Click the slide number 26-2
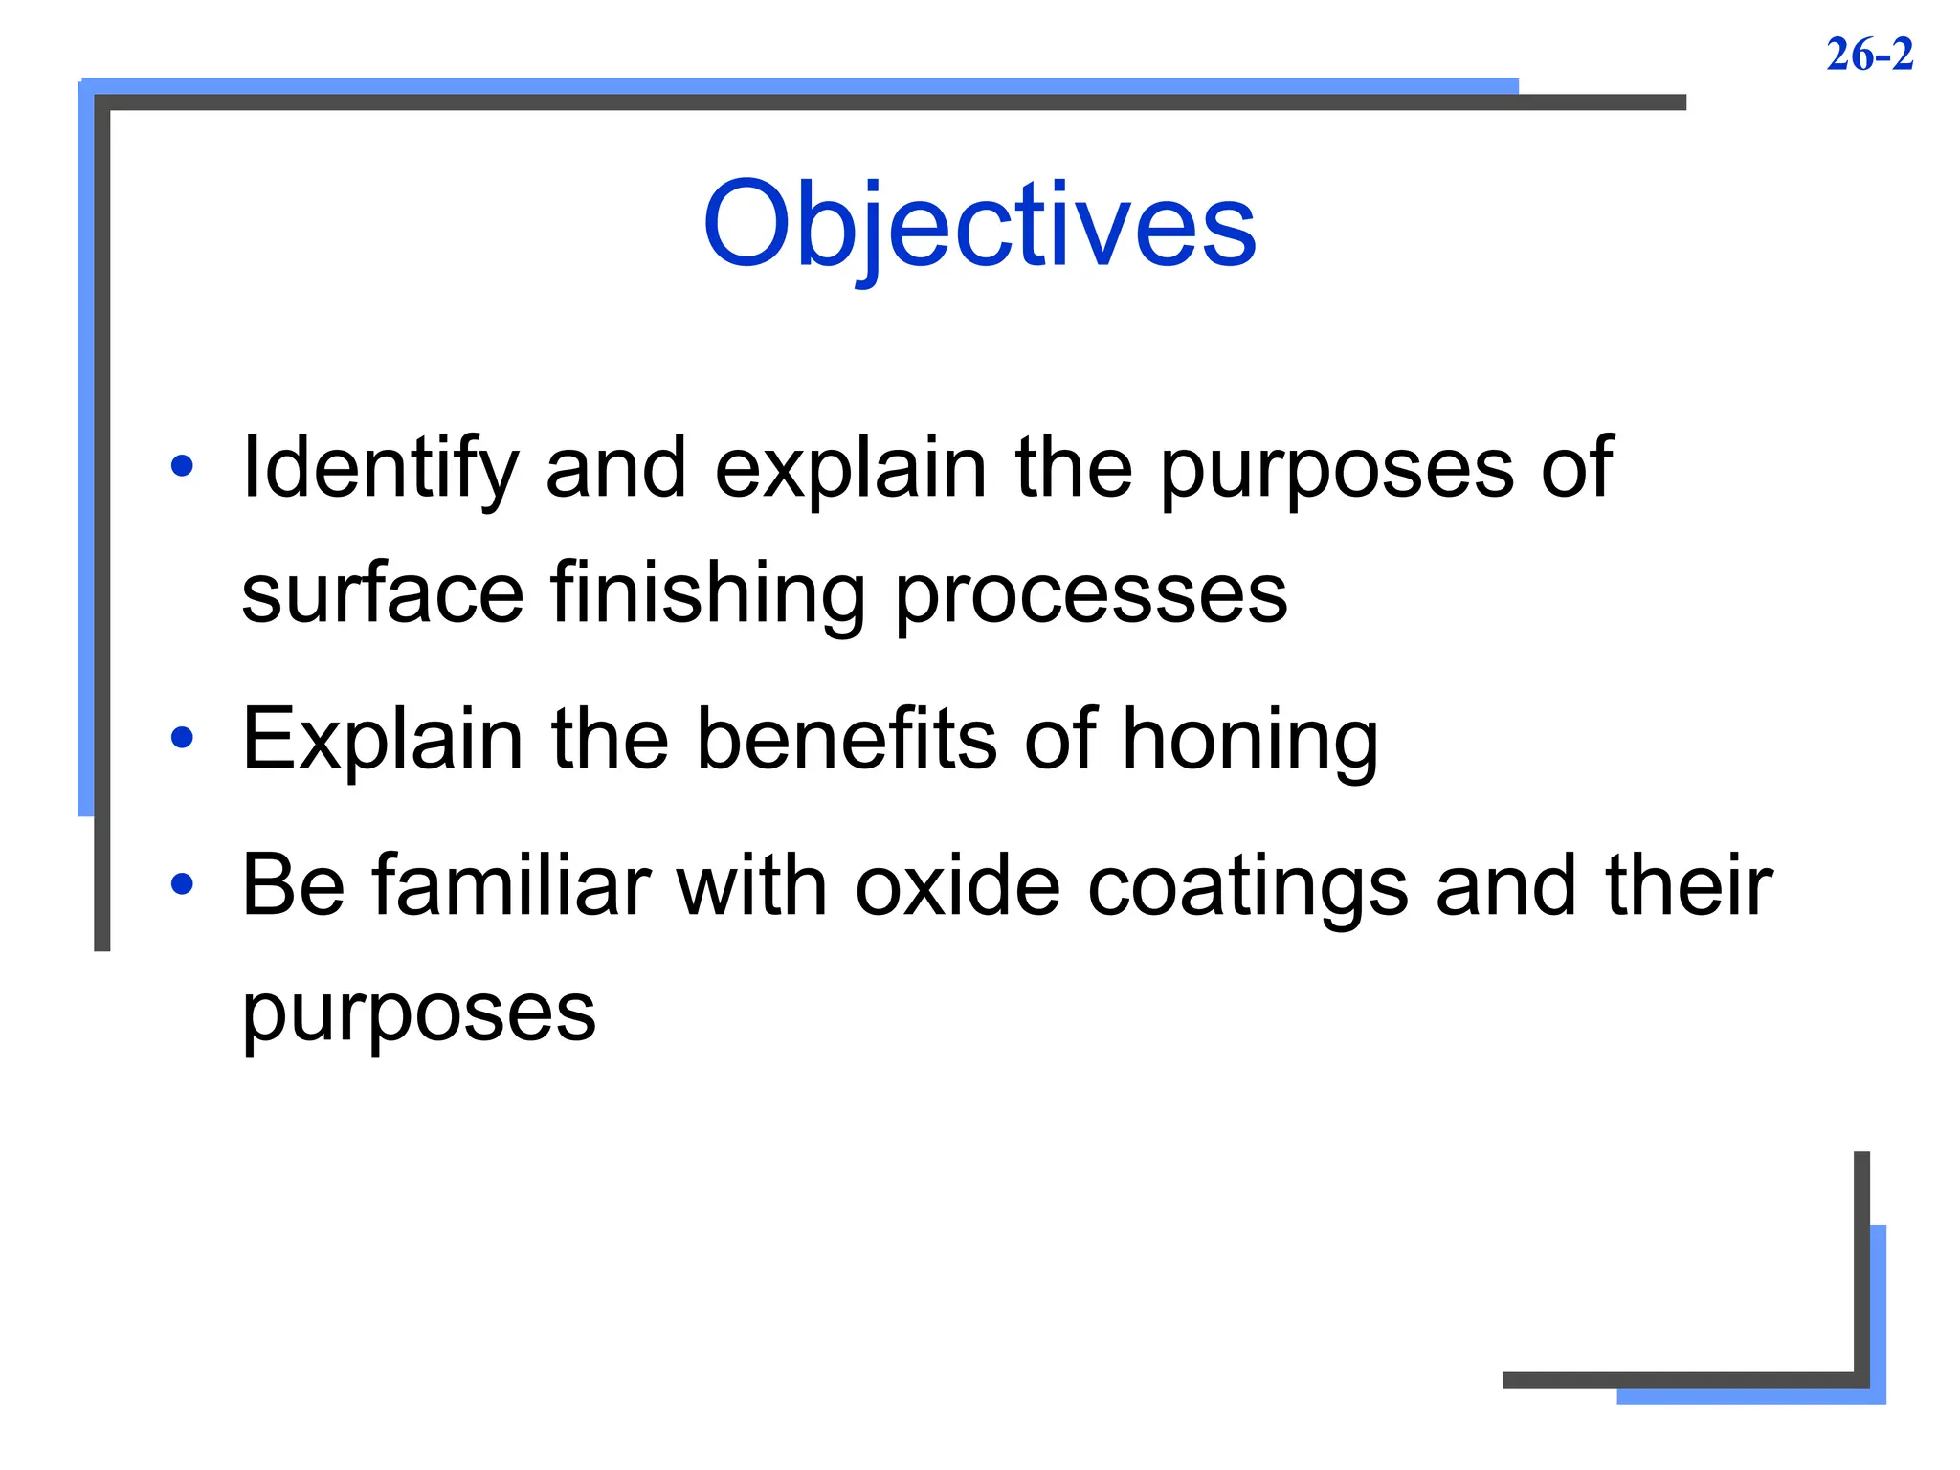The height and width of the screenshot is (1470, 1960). point(1869,55)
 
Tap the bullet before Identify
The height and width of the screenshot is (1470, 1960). point(182,467)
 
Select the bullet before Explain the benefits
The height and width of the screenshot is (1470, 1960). point(182,738)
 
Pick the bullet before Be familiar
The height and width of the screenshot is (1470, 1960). point(182,884)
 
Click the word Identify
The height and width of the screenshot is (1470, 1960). point(380,469)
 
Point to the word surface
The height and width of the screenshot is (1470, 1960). point(383,593)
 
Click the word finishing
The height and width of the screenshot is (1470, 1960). point(708,593)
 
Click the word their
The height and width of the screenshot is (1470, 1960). point(1689,885)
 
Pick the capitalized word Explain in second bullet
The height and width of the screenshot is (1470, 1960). point(383,740)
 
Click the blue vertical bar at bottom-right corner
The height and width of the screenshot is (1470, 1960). point(1878,1311)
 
